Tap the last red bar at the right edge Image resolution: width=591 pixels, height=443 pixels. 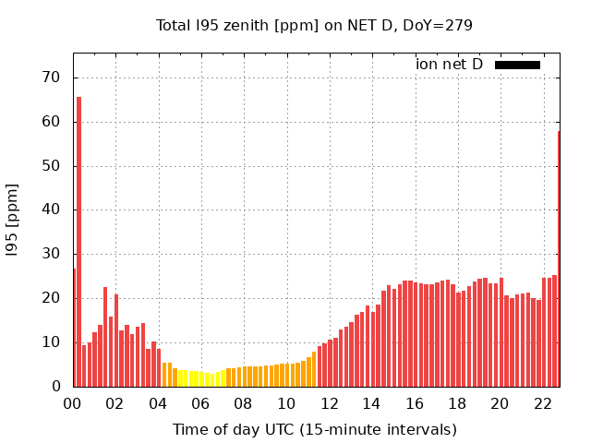coord(559,258)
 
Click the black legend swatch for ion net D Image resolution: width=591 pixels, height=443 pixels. coord(517,65)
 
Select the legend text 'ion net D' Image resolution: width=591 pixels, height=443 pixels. coord(450,65)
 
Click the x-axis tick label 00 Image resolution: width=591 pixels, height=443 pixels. coord(72,403)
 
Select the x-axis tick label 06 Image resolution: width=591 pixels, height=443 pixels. coord(200,403)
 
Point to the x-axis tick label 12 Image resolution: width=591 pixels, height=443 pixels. coord(329,403)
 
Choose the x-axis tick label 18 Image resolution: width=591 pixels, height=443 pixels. coord(457,403)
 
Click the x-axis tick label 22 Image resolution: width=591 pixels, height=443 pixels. coord(542,403)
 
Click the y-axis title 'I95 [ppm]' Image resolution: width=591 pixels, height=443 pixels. coord(13,220)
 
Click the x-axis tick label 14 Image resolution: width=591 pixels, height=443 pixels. coord(371,403)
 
